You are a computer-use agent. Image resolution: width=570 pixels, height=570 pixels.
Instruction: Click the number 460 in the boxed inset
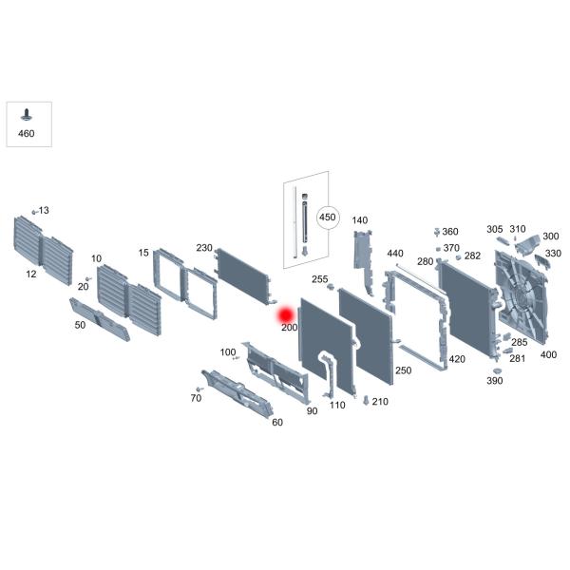point(27,133)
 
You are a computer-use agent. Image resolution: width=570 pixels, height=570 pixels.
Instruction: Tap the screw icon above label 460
point(27,115)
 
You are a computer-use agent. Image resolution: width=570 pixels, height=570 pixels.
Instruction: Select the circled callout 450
point(328,218)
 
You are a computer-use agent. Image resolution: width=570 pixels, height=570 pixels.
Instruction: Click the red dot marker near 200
point(286,315)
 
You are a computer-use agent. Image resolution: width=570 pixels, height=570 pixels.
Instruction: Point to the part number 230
point(204,248)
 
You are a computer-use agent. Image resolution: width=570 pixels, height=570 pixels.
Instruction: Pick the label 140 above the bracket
point(359,220)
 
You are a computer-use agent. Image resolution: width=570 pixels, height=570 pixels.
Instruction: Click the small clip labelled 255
point(330,287)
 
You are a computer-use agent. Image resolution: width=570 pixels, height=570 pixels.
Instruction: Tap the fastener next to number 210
point(366,400)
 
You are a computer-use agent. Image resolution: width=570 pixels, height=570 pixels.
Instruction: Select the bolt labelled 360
point(437,232)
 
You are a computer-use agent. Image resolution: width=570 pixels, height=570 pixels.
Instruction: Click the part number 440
point(395,254)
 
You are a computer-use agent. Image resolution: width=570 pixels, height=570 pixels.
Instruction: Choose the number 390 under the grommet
point(494,381)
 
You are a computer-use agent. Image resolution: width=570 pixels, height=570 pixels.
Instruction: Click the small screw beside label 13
point(34,212)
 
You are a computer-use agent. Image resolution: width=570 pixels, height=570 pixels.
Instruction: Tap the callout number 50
point(80,325)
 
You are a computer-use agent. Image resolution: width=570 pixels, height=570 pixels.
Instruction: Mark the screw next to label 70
point(199,389)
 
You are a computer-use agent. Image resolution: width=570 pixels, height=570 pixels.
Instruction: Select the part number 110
point(337,405)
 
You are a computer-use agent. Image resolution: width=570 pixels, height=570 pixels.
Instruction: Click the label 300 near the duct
point(550,237)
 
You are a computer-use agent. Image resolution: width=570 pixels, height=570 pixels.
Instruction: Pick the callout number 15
point(143,253)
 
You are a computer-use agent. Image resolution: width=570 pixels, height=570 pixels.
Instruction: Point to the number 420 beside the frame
point(457,359)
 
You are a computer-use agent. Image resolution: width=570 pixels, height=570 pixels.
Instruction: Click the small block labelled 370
point(438,249)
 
